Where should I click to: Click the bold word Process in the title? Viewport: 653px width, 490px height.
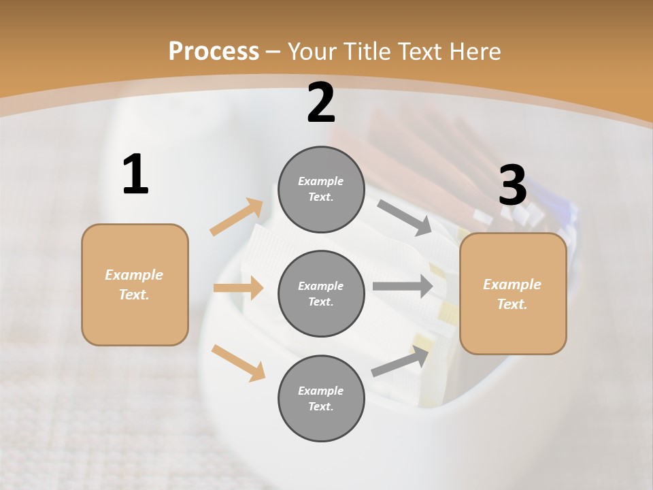(x=214, y=52)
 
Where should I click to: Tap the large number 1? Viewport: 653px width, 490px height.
(x=135, y=175)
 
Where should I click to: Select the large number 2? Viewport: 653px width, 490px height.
(x=321, y=103)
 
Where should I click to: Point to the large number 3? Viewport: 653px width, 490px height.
(x=512, y=186)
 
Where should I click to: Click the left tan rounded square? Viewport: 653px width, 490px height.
(x=135, y=284)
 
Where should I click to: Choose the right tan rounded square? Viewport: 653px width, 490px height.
(x=513, y=294)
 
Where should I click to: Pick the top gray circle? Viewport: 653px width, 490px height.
(x=321, y=189)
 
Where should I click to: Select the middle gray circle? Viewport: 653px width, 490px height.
(x=321, y=293)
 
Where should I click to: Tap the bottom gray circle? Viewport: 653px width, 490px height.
(x=321, y=398)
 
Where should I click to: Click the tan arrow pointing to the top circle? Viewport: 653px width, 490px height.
(x=237, y=217)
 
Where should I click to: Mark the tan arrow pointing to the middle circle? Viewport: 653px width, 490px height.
(x=238, y=288)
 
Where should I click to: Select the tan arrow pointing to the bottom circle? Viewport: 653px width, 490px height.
(x=238, y=362)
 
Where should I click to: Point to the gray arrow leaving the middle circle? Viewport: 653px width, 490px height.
(x=403, y=286)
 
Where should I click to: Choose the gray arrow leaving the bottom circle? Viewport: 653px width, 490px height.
(x=400, y=361)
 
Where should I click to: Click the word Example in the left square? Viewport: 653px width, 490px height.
(x=134, y=275)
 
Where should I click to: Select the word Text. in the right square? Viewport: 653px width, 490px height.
(x=512, y=304)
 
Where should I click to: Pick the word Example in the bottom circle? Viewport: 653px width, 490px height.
(x=321, y=391)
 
